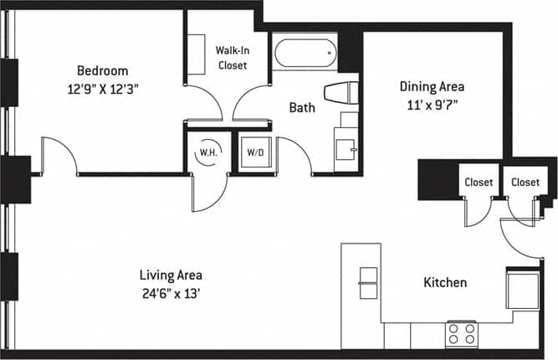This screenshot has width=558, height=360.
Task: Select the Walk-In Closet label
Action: pos(232,58)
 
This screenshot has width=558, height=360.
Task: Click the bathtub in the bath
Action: pos(305,53)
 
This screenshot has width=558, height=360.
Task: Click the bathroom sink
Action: pos(346,148)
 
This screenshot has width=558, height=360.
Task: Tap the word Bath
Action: pos(302,107)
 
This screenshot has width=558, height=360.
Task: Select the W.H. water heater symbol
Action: pos(207,154)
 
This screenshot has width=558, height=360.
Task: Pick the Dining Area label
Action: pos(431,86)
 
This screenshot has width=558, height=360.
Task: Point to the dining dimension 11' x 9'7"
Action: pos(431,105)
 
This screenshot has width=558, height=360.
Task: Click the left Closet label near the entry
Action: pos(479,182)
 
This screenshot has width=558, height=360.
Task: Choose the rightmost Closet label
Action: pos(525,182)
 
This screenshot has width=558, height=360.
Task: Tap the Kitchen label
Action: pos(444,283)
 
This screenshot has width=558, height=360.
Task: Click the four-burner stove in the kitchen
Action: pos(461,332)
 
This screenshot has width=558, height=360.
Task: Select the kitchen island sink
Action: pos(369,283)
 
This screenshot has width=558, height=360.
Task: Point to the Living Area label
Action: pos(171,275)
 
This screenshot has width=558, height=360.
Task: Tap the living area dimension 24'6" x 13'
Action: pos(171,293)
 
